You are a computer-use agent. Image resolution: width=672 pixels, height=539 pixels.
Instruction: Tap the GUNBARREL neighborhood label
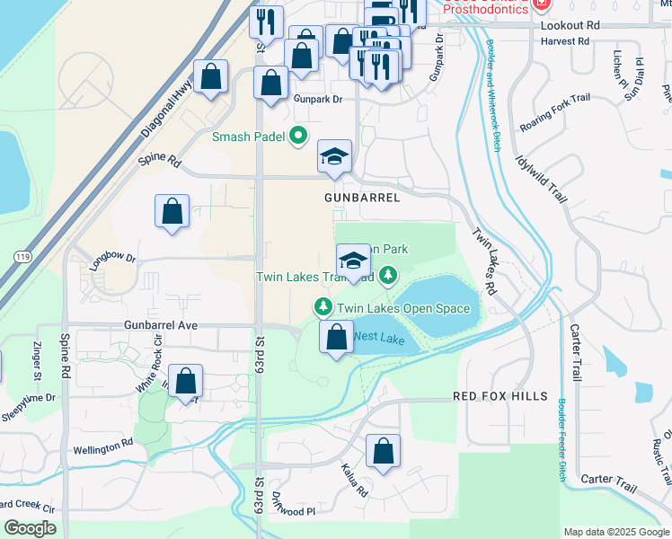[361, 196]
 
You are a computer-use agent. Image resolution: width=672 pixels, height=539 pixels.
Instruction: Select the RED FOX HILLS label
[500, 396]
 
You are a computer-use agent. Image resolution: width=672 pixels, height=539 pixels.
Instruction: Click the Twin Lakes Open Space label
[403, 308]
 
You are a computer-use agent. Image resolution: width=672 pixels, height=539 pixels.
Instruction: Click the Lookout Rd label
[570, 26]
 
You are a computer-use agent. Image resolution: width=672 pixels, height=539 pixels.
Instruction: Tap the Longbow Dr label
[112, 261]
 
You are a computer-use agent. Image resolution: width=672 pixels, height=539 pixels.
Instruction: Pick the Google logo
[30, 528]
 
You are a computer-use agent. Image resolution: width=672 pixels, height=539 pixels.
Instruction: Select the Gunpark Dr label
[318, 100]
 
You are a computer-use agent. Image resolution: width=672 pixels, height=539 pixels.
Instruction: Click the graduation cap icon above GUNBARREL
[334, 157]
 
